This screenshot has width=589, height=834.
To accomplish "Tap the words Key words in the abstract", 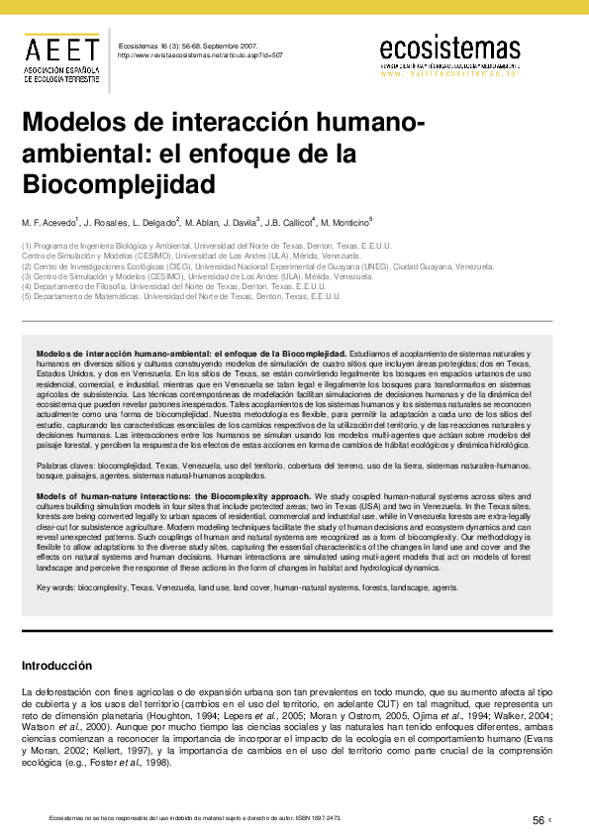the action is [x=55, y=587].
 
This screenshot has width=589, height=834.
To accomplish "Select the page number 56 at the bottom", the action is [x=539, y=819].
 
